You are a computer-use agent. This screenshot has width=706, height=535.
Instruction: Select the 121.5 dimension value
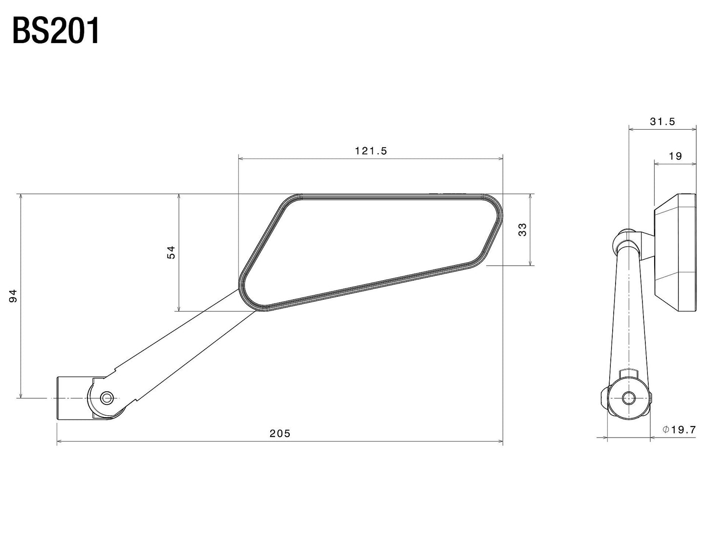tap(370, 151)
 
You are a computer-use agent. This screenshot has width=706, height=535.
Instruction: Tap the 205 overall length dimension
tap(280, 433)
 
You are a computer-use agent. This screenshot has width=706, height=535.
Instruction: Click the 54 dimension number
tap(171, 252)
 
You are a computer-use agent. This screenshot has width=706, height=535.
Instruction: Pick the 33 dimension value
tap(523, 229)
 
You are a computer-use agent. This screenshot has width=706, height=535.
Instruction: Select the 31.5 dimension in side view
tap(662, 122)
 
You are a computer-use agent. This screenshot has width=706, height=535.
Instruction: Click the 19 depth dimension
tap(675, 156)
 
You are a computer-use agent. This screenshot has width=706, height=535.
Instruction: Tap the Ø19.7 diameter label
tap(679, 430)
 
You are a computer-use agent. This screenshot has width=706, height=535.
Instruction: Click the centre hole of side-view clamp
tap(628, 398)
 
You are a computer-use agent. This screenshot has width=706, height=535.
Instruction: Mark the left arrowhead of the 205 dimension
tap(60, 442)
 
